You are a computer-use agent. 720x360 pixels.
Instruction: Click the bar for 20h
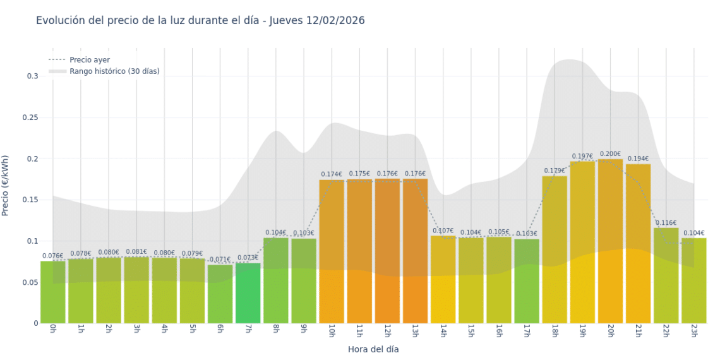610,240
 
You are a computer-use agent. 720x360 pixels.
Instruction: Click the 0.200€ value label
610,153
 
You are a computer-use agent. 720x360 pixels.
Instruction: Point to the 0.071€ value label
220,259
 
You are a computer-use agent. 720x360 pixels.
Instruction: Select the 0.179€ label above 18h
555,171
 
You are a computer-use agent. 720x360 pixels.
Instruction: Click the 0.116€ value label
666,223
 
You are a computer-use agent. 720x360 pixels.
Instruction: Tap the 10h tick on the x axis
332,332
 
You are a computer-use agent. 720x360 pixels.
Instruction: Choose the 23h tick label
693,332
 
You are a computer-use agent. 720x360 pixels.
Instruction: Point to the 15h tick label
471,332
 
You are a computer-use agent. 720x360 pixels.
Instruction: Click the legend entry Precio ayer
90,60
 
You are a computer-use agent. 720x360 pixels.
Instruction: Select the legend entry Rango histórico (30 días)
114,71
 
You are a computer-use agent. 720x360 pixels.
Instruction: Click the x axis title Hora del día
373,349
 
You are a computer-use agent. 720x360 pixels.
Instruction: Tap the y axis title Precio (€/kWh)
6,186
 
